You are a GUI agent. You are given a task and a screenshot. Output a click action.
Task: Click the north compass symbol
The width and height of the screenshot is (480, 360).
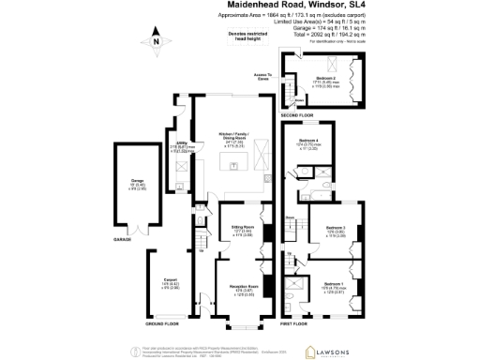(157, 41)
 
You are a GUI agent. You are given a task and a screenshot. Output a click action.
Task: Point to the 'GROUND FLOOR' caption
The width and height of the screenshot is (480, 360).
(162, 323)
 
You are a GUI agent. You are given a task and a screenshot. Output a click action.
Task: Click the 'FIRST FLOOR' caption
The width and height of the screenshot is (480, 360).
(293, 323)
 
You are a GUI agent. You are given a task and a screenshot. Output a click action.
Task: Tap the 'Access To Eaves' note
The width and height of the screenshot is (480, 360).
(262, 76)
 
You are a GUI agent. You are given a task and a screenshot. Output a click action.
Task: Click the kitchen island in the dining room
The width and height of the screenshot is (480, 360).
(235, 165)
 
